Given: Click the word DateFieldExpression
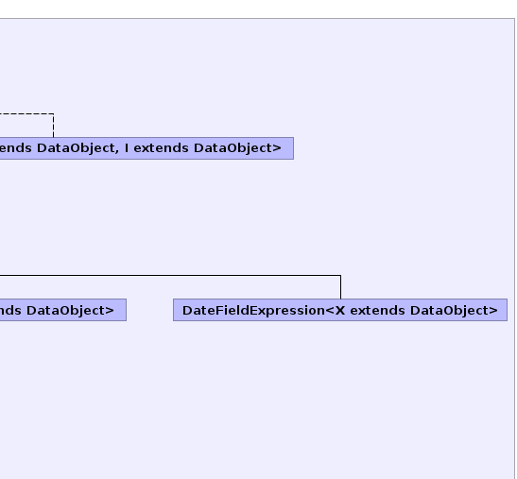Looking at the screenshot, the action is pos(253,311).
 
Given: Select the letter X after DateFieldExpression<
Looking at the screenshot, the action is pos(340,311).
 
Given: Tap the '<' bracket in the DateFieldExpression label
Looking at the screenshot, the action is pos(330,311).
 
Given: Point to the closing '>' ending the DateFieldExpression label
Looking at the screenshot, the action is pos(493,311).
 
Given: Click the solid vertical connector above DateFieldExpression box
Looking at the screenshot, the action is pos(340,287).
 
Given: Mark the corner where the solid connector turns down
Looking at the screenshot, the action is pos(340,275).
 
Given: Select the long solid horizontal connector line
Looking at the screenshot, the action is pos(170,275).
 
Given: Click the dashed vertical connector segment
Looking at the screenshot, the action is pos(54,126).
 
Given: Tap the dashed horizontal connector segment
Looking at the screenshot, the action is pos(26,114).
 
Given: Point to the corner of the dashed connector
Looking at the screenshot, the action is pos(54,114).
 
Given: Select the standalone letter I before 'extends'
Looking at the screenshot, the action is pos(127,148).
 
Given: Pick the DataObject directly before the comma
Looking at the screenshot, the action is pos(76,148).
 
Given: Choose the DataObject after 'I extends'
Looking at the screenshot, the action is pos(233,148).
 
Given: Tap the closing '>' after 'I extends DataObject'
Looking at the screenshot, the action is pos(277,148).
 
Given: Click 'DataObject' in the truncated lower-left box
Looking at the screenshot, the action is pos(66,311).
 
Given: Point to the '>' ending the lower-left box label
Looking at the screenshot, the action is pos(110,311).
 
